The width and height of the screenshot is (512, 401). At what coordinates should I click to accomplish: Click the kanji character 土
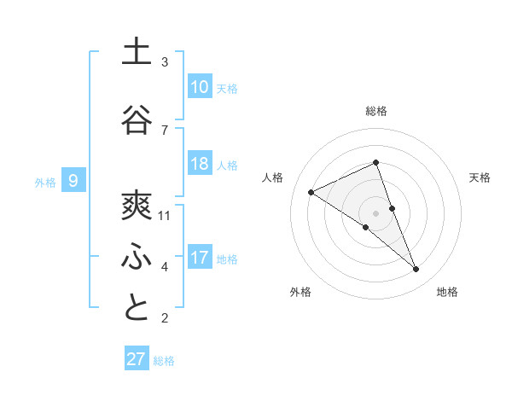tap(137, 52)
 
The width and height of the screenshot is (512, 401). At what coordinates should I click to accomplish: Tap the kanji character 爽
tap(137, 206)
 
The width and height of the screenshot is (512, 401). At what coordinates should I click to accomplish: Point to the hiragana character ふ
tap(137, 257)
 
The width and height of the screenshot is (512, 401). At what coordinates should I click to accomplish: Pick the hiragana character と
tap(137, 308)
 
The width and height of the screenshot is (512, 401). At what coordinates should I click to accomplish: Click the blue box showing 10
tap(200, 87)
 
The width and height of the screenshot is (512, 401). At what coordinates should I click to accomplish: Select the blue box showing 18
tap(200, 164)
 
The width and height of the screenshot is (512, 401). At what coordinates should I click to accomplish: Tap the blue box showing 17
tap(200, 258)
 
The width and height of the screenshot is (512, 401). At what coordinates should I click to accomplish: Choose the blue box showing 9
tap(73, 181)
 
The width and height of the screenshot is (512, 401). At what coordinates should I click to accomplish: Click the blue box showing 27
tap(137, 359)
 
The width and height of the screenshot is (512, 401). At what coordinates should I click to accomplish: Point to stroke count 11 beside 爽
tap(166, 216)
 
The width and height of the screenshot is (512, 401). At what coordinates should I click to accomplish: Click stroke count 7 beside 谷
tap(165, 130)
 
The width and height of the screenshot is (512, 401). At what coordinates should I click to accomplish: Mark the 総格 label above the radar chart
tap(376, 111)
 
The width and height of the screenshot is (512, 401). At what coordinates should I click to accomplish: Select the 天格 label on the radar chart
tap(480, 177)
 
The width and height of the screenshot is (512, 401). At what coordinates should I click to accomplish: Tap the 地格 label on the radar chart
tap(447, 292)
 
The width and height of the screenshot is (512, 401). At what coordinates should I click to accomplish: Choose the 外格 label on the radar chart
tap(300, 292)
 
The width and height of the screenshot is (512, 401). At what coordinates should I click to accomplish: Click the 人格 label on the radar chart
tap(273, 177)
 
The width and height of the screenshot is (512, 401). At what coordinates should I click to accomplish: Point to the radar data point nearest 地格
tap(416, 270)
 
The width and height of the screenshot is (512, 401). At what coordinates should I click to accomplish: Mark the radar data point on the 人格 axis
tap(311, 192)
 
